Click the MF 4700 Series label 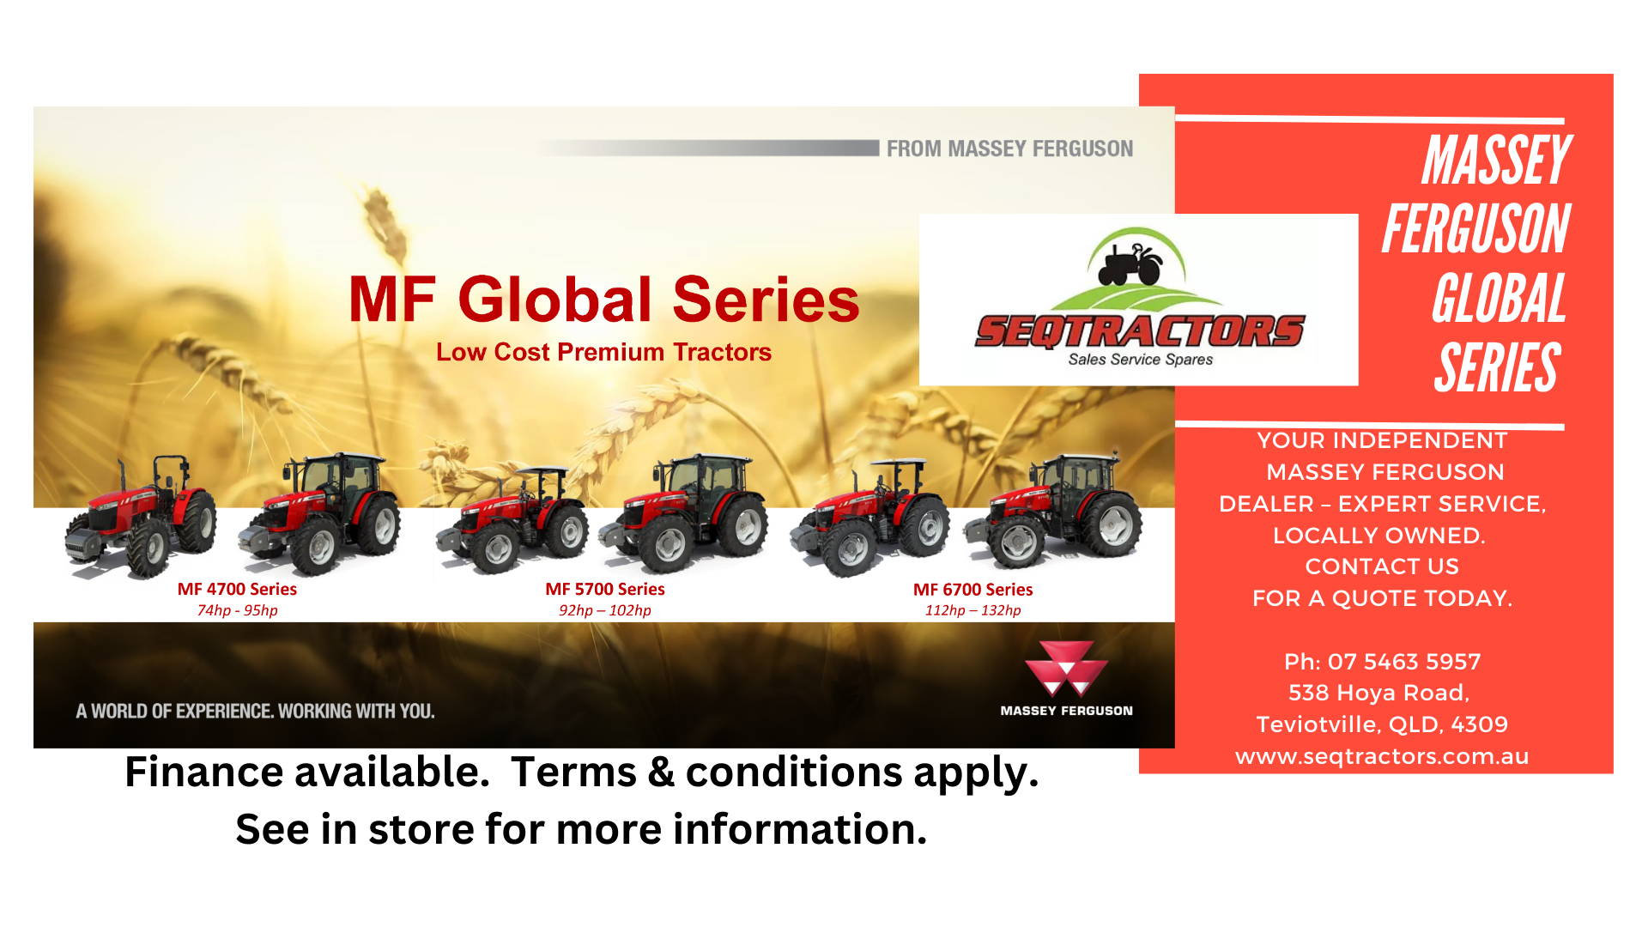(237, 589)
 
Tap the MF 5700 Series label (605, 589)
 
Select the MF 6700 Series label (972, 590)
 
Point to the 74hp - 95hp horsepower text (238, 610)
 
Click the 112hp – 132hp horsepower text (972, 610)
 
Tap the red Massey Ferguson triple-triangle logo (1066, 668)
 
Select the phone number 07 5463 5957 (1404, 662)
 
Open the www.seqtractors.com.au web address (1382, 756)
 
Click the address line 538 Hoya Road (1378, 693)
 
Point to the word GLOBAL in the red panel (1499, 299)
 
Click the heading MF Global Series (603, 299)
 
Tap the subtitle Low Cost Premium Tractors (603, 352)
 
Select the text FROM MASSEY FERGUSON (1009, 148)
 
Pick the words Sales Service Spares (1140, 360)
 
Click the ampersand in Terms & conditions (661, 772)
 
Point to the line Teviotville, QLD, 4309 (1382, 724)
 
